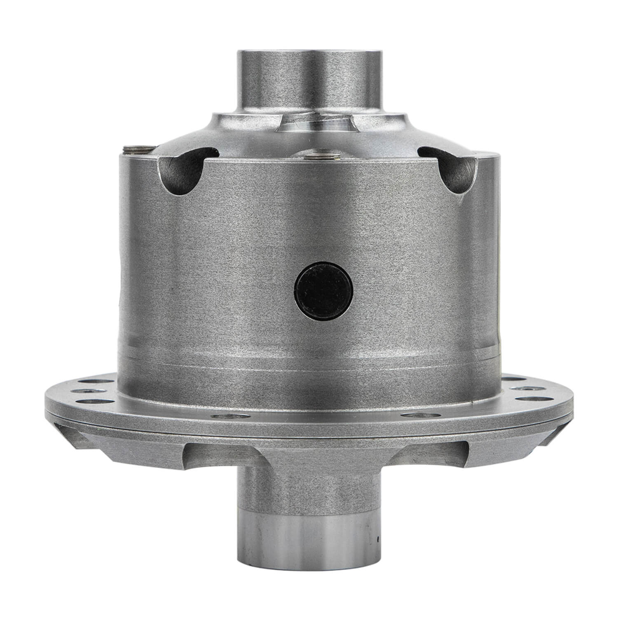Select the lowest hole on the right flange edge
tap(530, 399)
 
